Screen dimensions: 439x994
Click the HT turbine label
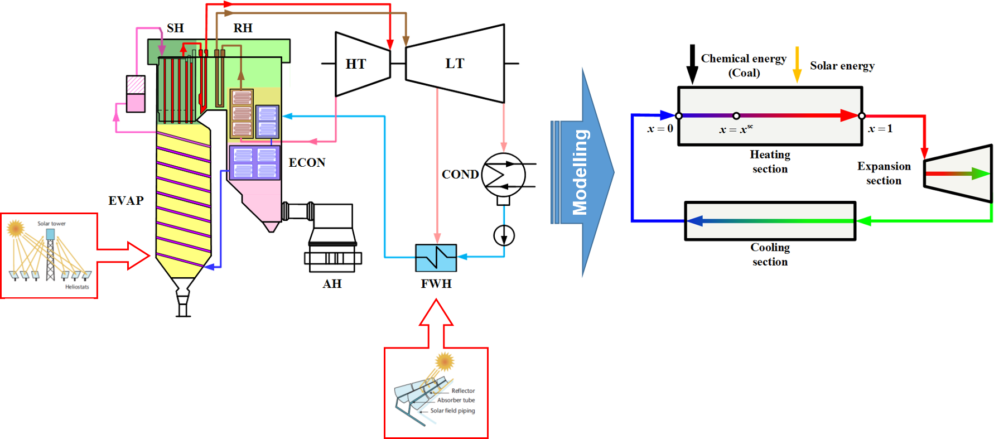click(x=356, y=64)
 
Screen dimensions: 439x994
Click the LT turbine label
click(x=455, y=63)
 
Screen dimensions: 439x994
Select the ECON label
click(x=307, y=162)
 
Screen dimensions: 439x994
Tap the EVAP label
click(x=126, y=200)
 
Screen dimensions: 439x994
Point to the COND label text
click(x=460, y=175)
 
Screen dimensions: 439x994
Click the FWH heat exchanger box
click(x=436, y=258)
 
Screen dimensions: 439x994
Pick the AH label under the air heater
click(x=332, y=284)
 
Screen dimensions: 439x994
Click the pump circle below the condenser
click(x=504, y=235)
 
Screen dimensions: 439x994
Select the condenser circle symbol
click(x=504, y=175)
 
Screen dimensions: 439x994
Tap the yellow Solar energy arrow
click(x=797, y=65)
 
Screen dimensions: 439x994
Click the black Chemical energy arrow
click(x=692, y=65)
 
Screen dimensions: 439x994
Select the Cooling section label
click(x=770, y=254)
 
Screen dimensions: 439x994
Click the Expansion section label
click(x=884, y=173)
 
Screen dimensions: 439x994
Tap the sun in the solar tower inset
click(x=15, y=228)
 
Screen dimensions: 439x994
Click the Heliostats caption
click(x=77, y=287)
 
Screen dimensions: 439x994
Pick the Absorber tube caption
click(x=456, y=400)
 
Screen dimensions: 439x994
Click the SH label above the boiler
click(x=175, y=28)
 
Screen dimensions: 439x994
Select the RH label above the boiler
click(x=243, y=28)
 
